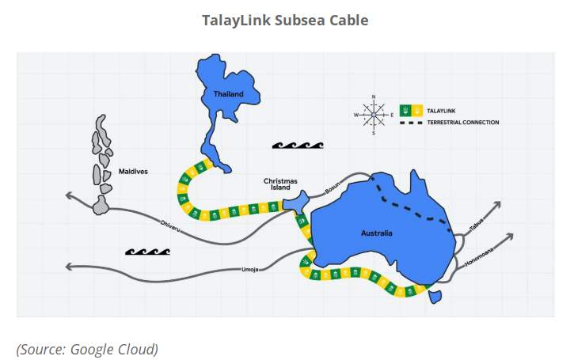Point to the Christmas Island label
pyautogui.click(x=281, y=184)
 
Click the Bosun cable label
pyautogui.click(x=332, y=189)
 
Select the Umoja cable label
pyautogui.click(x=250, y=271)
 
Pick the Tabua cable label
pyautogui.click(x=475, y=225)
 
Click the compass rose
pyautogui.click(x=374, y=115)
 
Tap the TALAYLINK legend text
pyautogui.click(x=440, y=110)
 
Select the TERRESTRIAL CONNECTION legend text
pyautogui.click(x=463, y=123)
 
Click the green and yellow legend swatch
pyautogui.click(x=411, y=110)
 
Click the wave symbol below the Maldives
pyautogui.click(x=148, y=252)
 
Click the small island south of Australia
pyautogui.click(x=434, y=297)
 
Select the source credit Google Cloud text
pyautogui.click(x=87, y=349)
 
